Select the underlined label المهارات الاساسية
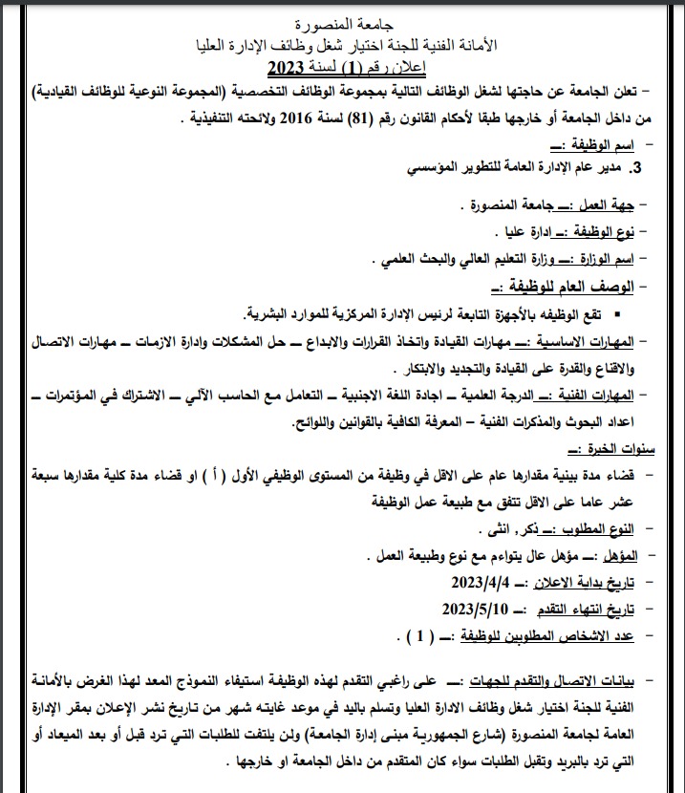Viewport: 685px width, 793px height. click(x=584, y=341)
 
